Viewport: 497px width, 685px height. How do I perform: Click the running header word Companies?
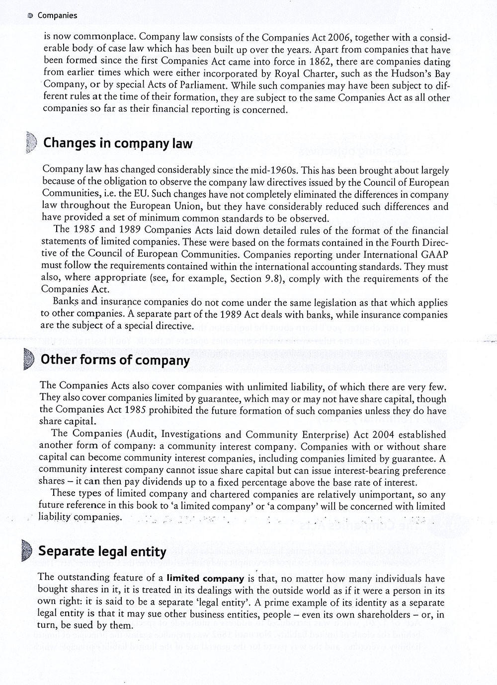(x=57, y=15)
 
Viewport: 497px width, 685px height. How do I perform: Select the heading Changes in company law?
(x=118, y=144)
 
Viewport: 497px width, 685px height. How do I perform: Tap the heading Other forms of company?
(x=115, y=360)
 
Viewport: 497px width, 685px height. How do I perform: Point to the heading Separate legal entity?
(x=102, y=551)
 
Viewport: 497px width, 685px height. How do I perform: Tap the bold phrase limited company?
(x=205, y=579)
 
